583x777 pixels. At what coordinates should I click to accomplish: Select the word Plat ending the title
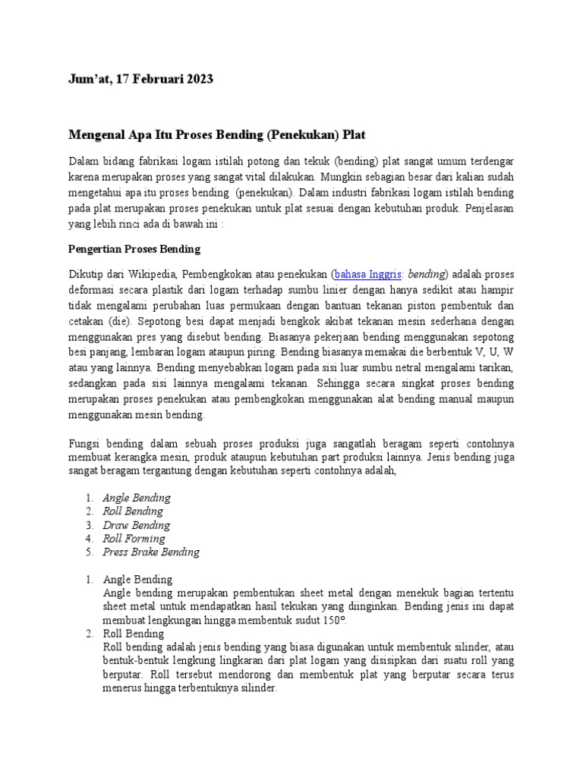tap(353, 135)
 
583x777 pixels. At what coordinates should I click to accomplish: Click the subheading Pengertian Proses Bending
tap(134, 249)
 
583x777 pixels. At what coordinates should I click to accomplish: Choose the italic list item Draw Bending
tap(136, 525)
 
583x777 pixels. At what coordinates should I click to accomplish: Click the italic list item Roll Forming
tap(134, 539)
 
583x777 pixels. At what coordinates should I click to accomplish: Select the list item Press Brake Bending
tap(151, 552)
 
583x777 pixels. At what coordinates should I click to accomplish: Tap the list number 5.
tap(88, 552)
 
